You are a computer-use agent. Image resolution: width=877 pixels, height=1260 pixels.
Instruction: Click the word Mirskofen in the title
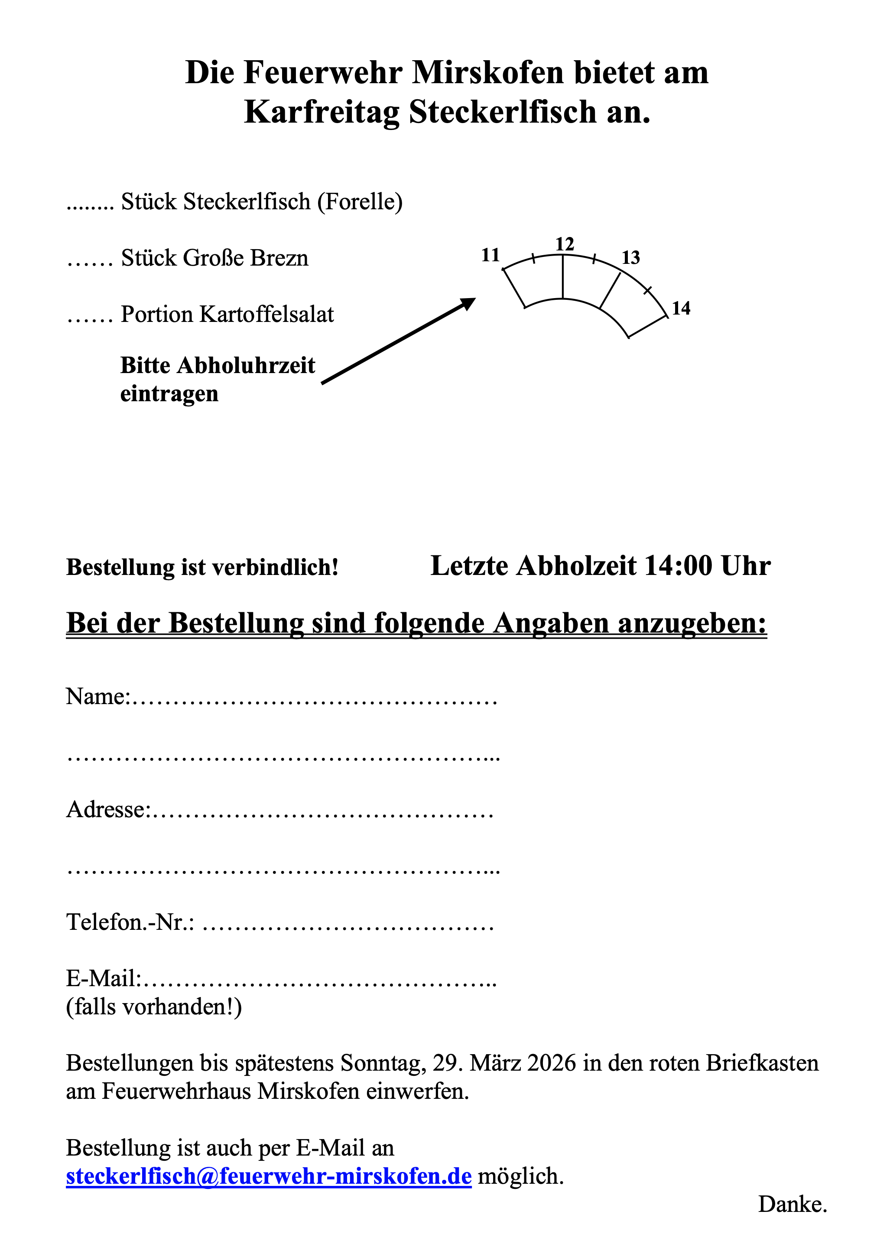pyautogui.click(x=487, y=72)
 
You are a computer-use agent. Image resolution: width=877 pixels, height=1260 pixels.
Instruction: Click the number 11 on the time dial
pyautogui.click(x=490, y=255)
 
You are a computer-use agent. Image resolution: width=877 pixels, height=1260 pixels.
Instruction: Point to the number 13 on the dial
pyautogui.click(x=630, y=257)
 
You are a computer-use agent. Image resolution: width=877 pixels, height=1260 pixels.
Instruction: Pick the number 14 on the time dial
pyautogui.click(x=681, y=309)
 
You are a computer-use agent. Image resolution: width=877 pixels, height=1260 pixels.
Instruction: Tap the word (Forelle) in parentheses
pyautogui.click(x=360, y=201)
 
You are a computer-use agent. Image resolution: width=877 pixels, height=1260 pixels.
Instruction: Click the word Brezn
pyautogui.click(x=279, y=258)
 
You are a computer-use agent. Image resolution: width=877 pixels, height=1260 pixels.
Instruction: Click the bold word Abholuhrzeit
pyautogui.click(x=246, y=366)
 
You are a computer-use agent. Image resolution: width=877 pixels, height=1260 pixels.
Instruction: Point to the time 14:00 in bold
pyautogui.click(x=678, y=566)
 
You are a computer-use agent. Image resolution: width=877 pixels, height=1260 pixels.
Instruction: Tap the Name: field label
pyautogui.click(x=97, y=696)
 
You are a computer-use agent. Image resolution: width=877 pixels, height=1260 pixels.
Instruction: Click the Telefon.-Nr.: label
pyautogui.click(x=130, y=922)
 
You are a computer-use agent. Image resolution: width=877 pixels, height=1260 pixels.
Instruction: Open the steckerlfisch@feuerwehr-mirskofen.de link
pyautogui.click(x=268, y=1176)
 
